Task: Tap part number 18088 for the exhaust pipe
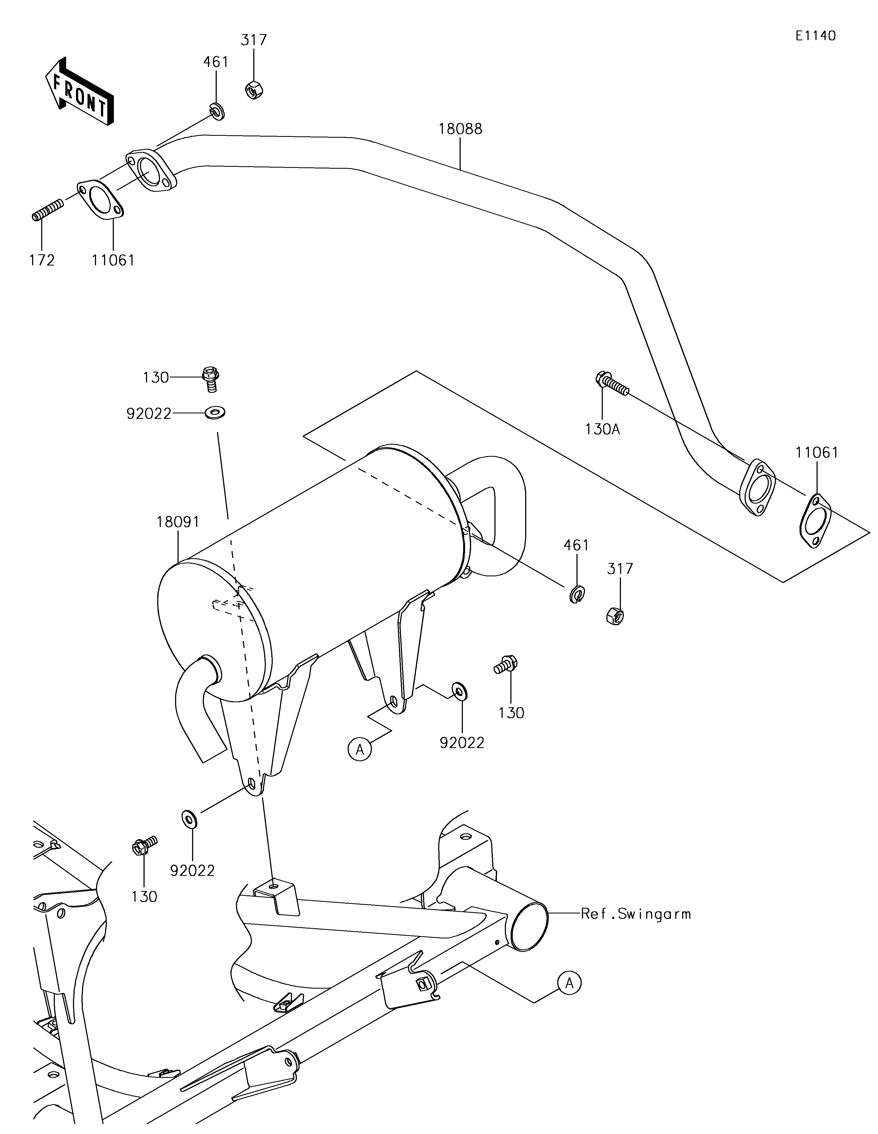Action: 460,129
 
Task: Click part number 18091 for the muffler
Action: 178,522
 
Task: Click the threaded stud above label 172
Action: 48,209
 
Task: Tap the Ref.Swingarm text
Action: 635,914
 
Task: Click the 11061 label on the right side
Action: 817,453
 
